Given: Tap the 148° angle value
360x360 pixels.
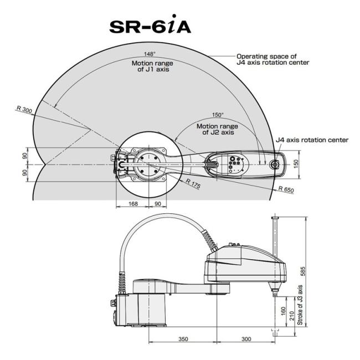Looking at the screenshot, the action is pos(150,54).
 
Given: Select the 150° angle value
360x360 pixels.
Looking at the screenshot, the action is pos(218,115).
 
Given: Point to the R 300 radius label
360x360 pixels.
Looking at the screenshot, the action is pos(24,110).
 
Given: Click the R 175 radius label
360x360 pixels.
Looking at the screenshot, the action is pos(193,183).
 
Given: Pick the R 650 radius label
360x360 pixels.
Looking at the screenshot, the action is pos(286,189).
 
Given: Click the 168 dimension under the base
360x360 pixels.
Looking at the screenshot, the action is pos(133,203).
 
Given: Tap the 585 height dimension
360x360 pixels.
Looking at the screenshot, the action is pos(303,271).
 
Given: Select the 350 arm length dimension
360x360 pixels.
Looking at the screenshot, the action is pos(183,339).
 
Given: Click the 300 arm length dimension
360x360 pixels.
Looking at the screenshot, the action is pos(246,339).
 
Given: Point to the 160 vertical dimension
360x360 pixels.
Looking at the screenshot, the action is pos(283,311).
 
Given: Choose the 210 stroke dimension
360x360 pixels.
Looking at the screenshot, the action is pos(291,316).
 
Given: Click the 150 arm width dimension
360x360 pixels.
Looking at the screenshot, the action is pos(296,164).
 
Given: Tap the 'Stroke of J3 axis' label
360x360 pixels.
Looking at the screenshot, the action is pos(300,305).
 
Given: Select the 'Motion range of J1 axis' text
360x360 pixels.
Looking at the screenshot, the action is pos(152,66).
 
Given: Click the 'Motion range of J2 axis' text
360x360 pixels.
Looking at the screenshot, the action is pos(218,129).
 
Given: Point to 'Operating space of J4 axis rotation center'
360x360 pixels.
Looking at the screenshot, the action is pos(272,59).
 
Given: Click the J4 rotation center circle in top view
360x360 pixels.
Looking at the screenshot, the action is pos(275,164).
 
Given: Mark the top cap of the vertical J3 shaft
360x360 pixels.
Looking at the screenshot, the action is pos(275,218).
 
